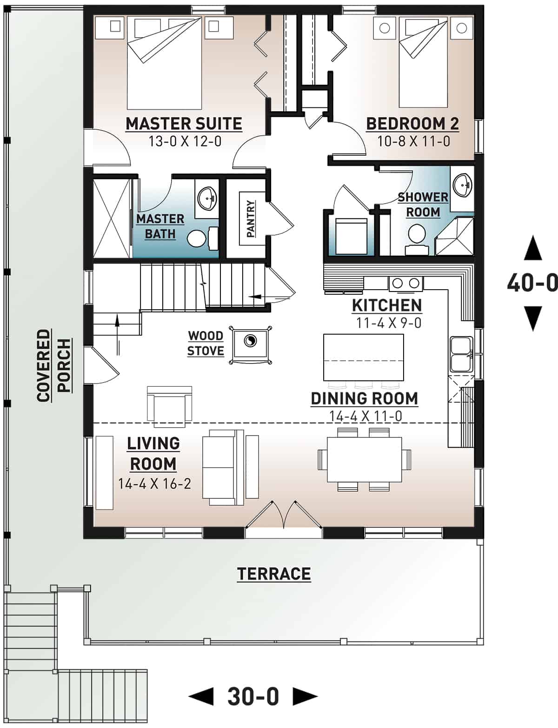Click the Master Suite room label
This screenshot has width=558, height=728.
pyautogui.click(x=184, y=124)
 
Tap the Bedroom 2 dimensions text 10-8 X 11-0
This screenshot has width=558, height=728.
pyautogui.click(x=413, y=141)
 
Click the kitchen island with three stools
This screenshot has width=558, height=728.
pyautogui.click(x=363, y=357)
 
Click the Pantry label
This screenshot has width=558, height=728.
pyautogui.click(x=251, y=218)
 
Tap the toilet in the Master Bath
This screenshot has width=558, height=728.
pyautogui.click(x=197, y=239)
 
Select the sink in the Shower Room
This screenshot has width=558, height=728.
pyautogui.click(x=463, y=185)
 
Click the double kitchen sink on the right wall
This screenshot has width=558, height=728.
pyautogui.click(x=461, y=354)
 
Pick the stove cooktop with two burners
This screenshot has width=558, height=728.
pyautogui.click(x=405, y=283)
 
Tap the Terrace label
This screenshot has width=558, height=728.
pyautogui.click(x=274, y=574)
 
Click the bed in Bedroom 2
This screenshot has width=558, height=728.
pyautogui.click(x=423, y=63)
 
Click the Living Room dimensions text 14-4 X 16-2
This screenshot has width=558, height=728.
pyautogui.click(x=154, y=484)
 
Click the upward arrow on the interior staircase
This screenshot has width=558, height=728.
pyautogui.click(x=118, y=325)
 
